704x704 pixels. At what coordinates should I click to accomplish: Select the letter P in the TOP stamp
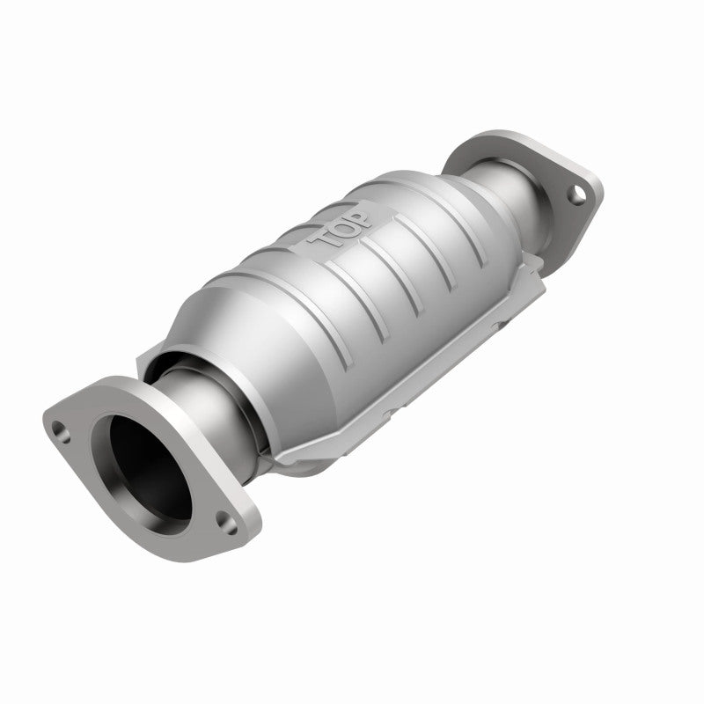coord(363,212)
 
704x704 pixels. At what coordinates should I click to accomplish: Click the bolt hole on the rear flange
coord(574,194)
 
